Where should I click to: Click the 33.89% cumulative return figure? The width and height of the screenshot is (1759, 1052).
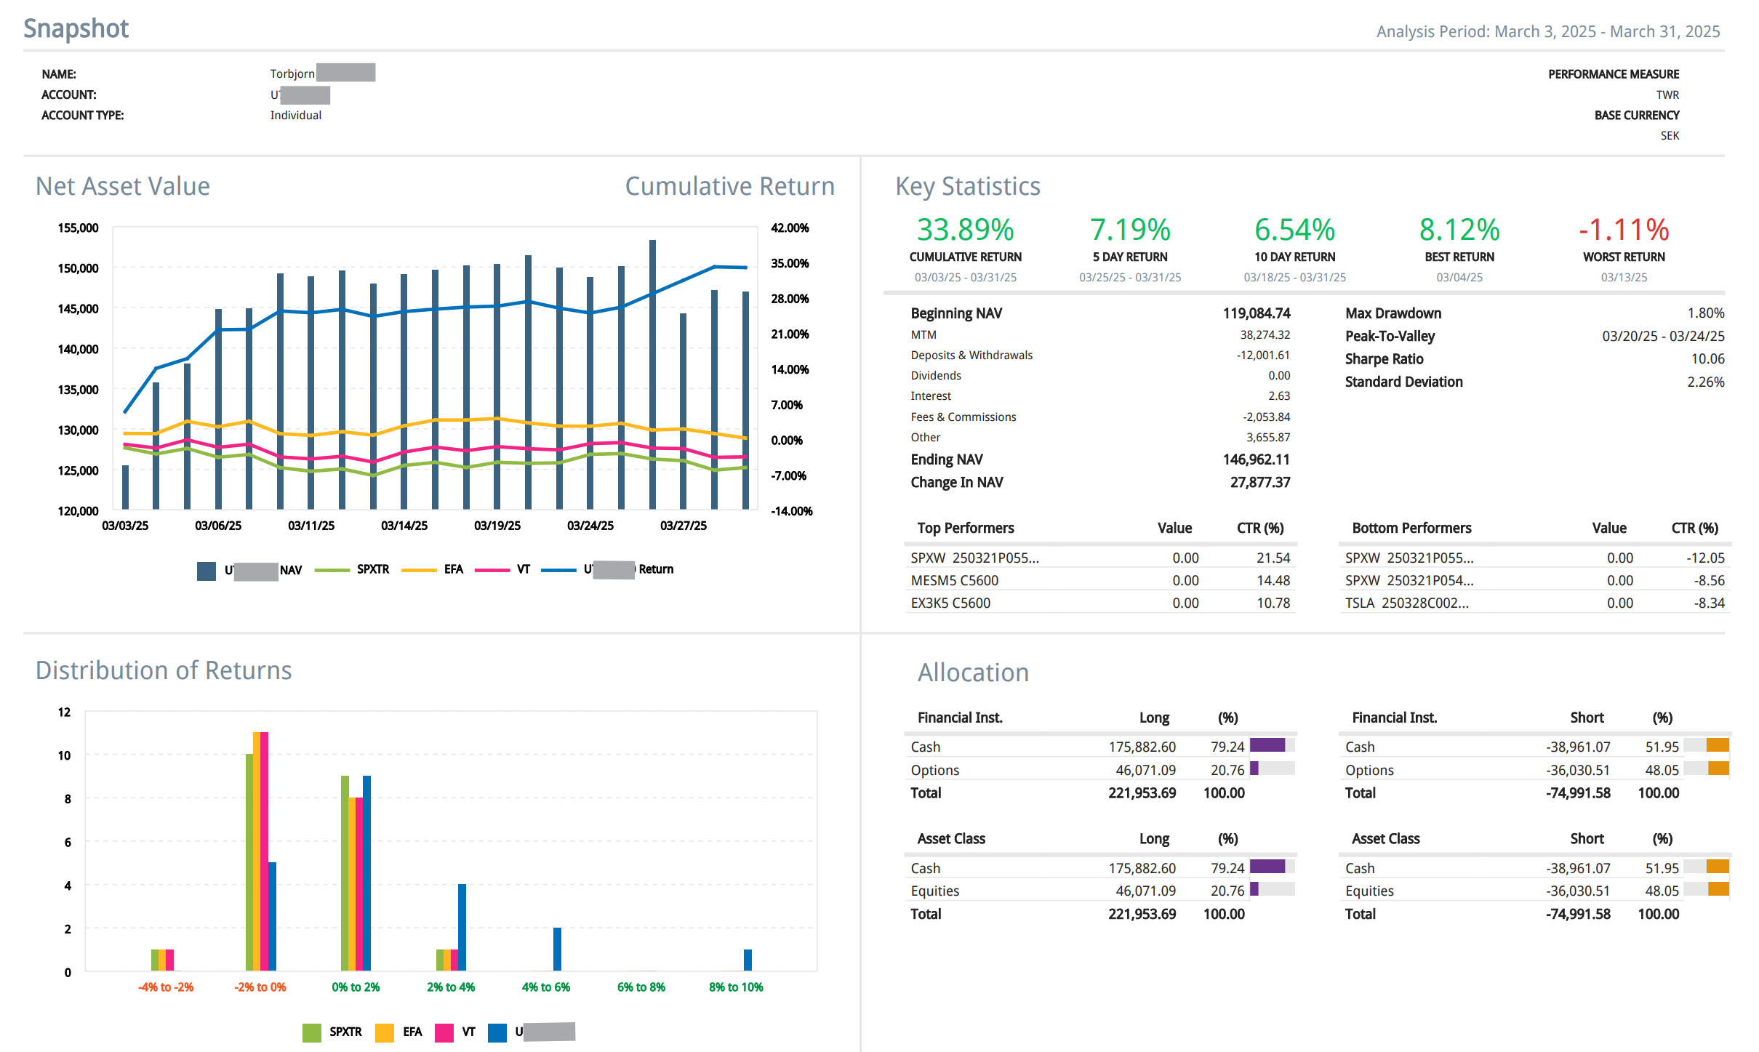pos(965,230)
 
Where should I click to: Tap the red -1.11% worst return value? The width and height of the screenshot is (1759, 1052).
pos(1623,230)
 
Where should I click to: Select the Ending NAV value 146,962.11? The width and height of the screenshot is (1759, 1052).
pos(1256,459)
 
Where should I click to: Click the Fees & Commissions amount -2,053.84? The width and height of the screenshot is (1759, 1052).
pos(1266,417)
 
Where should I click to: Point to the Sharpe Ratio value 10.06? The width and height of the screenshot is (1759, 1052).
pos(1707,359)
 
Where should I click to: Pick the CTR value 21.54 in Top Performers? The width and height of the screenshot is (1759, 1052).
pos(1273,558)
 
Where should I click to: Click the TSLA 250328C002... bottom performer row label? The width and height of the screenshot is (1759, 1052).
pos(1406,603)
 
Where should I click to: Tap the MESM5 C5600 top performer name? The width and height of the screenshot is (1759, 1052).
pos(954,581)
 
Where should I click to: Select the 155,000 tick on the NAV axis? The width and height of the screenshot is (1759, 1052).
pos(78,228)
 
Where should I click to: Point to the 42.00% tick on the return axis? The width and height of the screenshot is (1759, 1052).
pos(790,228)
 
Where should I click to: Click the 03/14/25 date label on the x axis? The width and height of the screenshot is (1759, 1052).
pos(404,526)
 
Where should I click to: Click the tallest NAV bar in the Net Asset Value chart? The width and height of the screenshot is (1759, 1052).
pos(652,374)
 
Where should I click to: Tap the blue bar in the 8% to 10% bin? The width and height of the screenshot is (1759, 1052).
pos(748,960)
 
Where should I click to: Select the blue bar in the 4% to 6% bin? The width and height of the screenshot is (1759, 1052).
pos(557,949)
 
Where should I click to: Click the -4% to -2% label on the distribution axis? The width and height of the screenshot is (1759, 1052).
pos(166,987)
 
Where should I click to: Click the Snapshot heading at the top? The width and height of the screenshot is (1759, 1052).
pos(76,28)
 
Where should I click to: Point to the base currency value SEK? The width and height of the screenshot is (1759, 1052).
pos(1670,136)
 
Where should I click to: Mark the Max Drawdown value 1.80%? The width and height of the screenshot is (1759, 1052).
pos(1705,313)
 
